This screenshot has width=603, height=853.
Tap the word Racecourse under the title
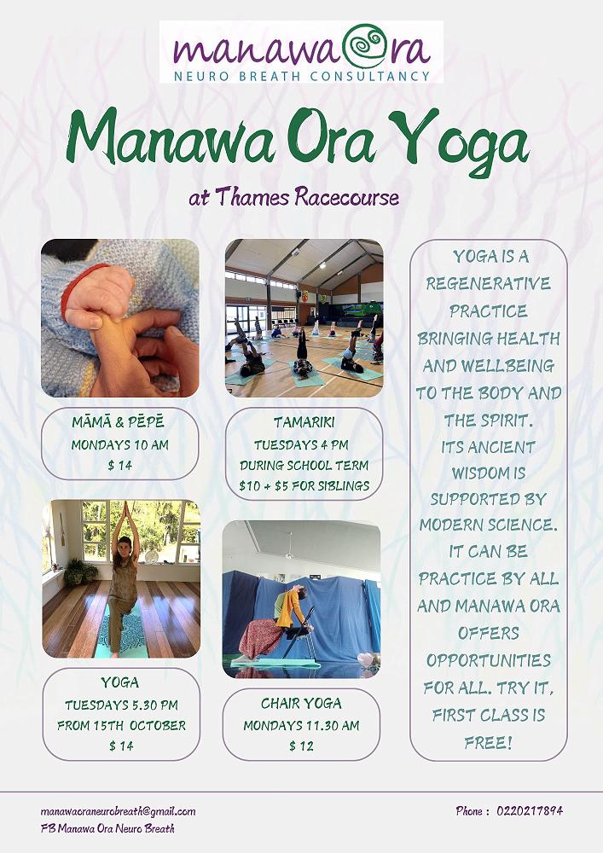[x=347, y=196]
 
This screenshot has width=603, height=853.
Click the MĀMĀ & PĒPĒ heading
[x=118, y=422]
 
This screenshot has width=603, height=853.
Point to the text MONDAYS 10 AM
[x=119, y=444]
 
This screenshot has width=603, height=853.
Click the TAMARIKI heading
[x=304, y=422]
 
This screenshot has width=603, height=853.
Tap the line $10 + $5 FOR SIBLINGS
[x=304, y=485]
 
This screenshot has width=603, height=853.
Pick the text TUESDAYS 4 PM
[x=301, y=444]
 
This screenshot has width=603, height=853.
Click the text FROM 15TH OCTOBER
[x=121, y=725]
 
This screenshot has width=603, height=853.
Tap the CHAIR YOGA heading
[x=301, y=704]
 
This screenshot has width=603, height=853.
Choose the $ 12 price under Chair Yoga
[x=301, y=746]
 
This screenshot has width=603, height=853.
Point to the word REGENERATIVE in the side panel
[x=488, y=283]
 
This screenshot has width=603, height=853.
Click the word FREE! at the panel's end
[x=488, y=743]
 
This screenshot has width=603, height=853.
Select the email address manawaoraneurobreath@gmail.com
[x=118, y=812]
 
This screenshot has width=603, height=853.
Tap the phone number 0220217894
[x=530, y=810]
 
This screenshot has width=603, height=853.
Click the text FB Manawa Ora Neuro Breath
[x=107, y=829]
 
